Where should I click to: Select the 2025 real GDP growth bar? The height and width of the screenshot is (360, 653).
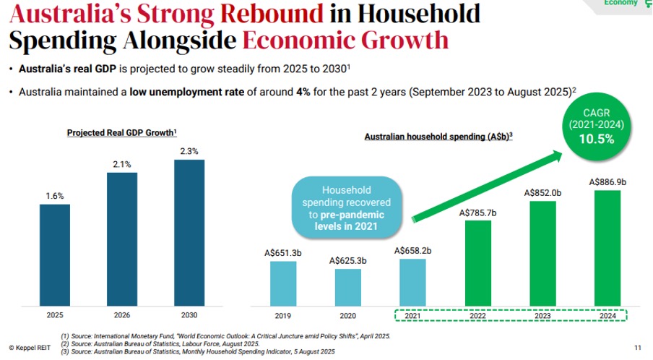pos(55,254)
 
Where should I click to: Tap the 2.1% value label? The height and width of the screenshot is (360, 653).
pos(122,164)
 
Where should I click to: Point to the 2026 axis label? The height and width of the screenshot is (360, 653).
pos(122,315)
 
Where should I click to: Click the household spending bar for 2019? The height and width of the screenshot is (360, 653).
pos(283,283)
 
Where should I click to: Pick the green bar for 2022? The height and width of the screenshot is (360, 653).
pos(478,262)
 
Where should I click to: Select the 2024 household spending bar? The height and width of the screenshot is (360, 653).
pos(607,247)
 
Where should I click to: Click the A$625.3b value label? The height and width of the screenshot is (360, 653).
pos(348,260)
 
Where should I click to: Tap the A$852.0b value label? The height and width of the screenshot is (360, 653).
pos(543,192)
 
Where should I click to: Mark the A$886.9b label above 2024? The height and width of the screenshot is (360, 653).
pos(607,181)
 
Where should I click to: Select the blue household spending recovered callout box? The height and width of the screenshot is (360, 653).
pos(347,206)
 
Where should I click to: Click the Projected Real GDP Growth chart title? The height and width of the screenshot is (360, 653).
pos(122,133)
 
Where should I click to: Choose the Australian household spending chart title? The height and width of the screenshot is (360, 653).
pos(438,137)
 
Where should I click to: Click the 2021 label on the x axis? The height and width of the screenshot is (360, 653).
pos(413,316)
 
